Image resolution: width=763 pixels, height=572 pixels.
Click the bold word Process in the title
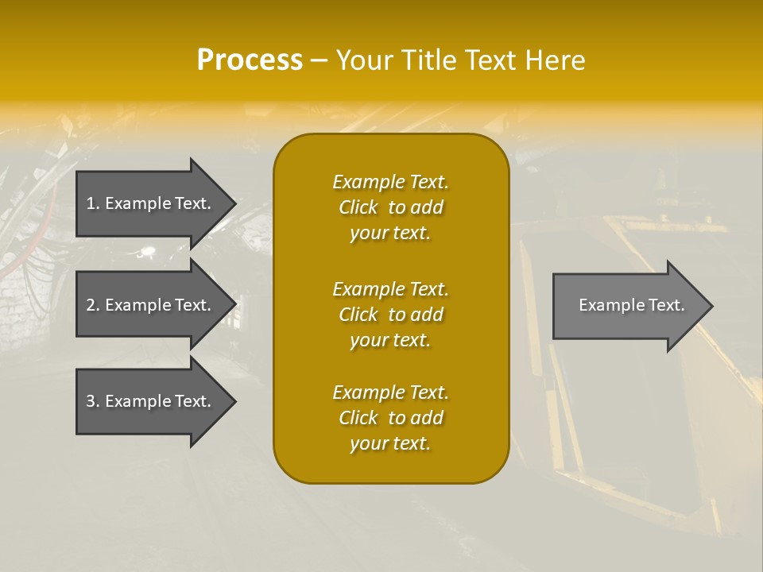tap(250, 60)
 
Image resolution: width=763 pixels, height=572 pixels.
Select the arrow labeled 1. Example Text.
tap(151, 203)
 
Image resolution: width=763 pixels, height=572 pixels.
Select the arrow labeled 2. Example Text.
tap(151, 305)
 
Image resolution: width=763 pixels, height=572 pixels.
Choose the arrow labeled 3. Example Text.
tap(151, 401)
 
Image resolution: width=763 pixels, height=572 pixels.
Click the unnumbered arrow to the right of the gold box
tap(628, 306)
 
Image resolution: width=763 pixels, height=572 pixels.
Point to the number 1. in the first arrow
tap(93, 203)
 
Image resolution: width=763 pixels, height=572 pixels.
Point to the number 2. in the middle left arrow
tap(93, 305)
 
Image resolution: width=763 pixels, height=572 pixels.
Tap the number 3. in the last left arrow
tap(93, 401)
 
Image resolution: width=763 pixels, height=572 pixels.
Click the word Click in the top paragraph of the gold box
tap(358, 207)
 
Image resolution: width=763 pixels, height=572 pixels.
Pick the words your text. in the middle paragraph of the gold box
tap(390, 340)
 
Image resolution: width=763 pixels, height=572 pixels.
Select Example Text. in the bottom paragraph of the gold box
tap(390, 392)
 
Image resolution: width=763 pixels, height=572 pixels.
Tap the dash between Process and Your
tap(319, 60)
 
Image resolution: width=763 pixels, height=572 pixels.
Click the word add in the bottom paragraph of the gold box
tap(427, 418)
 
